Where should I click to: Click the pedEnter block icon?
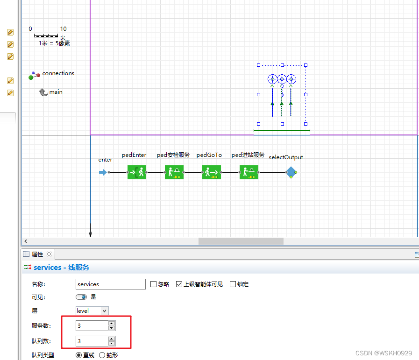coord(137,172)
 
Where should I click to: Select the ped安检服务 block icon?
coord(174,172)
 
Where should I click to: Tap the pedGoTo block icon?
coord(212,172)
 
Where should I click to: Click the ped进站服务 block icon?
coord(249,172)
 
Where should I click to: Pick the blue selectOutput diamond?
coord(291,172)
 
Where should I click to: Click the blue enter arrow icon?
coord(103,172)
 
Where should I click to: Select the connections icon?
coord(35,75)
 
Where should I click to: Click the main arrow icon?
coord(43,92)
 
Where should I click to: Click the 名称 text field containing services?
coord(111,284)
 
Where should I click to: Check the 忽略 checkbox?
coord(154,284)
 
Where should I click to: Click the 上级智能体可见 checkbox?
coord(179,284)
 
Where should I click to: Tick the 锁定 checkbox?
coord(233,284)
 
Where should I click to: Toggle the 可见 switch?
coord(81,297)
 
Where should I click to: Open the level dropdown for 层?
coord(92,311)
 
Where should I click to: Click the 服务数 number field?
coord(92,325)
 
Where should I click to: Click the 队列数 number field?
coord(92,341)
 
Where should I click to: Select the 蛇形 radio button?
coord(102,355)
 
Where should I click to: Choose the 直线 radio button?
coord(79,355)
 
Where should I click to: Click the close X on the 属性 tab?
coord(49,254)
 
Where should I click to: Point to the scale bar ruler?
coord(46,35)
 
